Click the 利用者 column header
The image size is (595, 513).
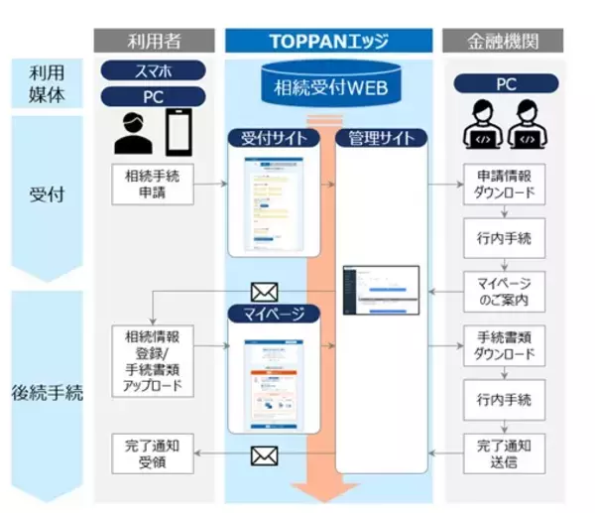pyautogui.click(x=153, y=41)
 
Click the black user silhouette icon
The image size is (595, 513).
pyautogui.click(x=134, y=134)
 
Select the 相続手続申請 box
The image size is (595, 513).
pyautogui.click(x=152, y=186)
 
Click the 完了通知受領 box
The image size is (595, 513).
pyautogui.click(x=152, y=453)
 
